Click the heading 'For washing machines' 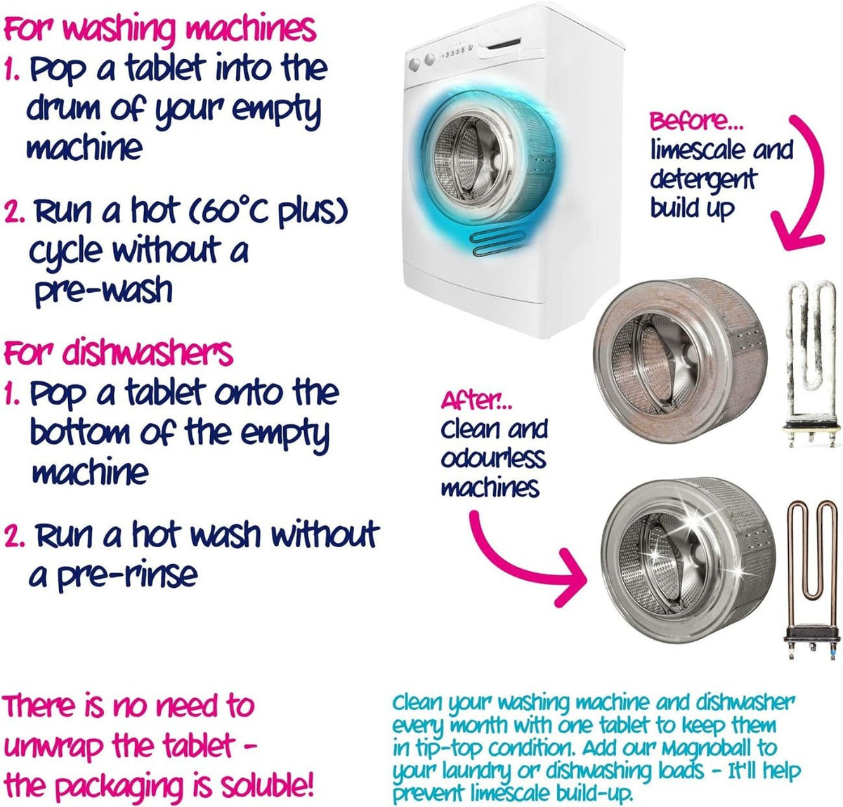159,30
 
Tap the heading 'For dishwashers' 118,353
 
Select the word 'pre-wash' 103,290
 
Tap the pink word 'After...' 477,401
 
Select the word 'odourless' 492,458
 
